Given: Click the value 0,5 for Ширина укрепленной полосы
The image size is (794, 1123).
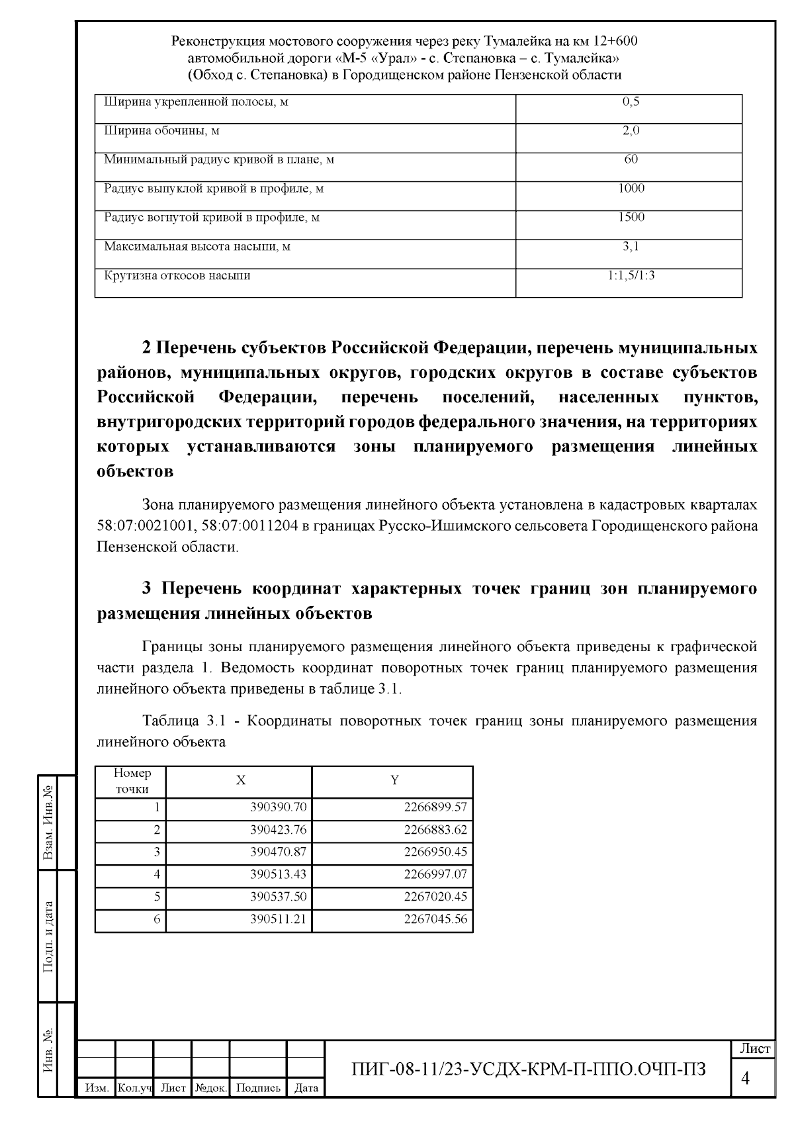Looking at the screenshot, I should point(631,103).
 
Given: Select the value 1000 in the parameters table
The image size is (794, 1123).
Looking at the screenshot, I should point(631,189).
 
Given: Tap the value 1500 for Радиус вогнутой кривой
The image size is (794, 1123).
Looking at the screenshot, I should point(631,218).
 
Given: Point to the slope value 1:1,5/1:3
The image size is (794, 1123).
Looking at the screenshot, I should point(631,276).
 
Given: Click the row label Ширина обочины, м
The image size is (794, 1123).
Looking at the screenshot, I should point(162,131).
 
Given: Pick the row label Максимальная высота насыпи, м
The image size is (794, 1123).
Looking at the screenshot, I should point(197,247).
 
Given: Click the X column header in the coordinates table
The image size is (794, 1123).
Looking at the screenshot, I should point(241,781).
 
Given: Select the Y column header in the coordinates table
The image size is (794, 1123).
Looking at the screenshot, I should point(394,781).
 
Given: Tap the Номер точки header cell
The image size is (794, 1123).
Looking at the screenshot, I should point(132,781).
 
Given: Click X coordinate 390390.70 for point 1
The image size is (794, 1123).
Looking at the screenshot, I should point(278,807).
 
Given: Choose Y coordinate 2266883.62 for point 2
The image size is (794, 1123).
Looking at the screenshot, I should point(435,830).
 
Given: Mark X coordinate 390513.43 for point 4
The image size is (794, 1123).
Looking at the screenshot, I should point(278,874).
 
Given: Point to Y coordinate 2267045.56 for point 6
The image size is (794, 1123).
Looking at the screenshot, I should point(435,919).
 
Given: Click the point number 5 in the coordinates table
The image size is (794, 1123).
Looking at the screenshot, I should point(157,897).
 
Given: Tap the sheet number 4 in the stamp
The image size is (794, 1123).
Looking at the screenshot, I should point(746,1079).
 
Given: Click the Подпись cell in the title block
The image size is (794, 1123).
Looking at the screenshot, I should point(258,1088).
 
